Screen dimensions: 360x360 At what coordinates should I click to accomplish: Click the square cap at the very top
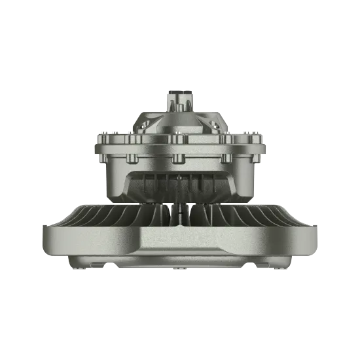point(179,94)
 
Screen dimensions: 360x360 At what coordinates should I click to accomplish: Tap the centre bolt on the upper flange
point(179,139)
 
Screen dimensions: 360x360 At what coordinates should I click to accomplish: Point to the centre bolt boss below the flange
point(179,158)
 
